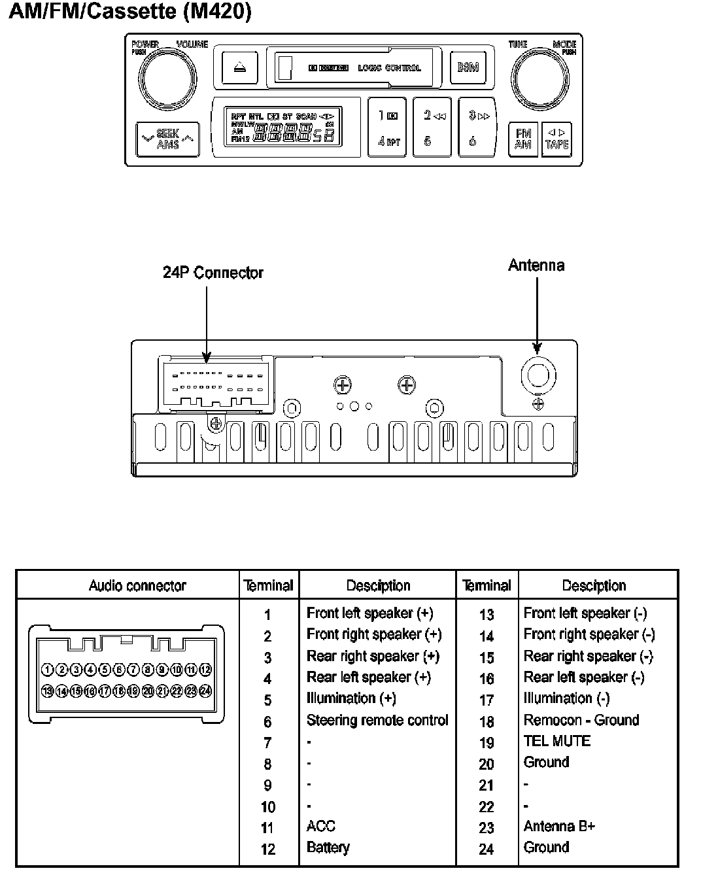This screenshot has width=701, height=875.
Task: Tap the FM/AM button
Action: pyautogui.click(x=522, y=138)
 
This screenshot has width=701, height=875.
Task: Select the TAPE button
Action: pyautogui.click(x=556, y=138)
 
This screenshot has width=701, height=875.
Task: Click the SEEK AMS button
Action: pyautogui.click(x=167, y=138)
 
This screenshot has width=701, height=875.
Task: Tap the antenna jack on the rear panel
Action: pyautogui.click(x=538, y=376)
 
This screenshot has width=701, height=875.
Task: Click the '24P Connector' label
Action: pyautogui.click(x=213, y=273)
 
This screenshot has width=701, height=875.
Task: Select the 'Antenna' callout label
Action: pyautogui.click(x=536, y=265)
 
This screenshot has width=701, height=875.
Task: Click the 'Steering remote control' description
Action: pyautogui.click(x=377, y=720)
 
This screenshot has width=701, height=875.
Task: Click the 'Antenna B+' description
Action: pyautogui.click(x=559, y=826)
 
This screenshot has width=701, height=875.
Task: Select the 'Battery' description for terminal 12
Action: pyautogui.click(x=328, y=848)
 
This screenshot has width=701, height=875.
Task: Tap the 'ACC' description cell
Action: pyautogui.click(x=320, y=826)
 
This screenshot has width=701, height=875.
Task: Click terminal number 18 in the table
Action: pyautogui.click(x=487, y=721)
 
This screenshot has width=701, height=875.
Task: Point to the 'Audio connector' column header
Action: pyautogui.click(x=137, y=585)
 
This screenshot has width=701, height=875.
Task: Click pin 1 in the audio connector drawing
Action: pyautogui.click(x=47, y=669)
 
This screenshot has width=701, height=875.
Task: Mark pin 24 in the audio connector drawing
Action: pyautogui.click(x=205, y=691)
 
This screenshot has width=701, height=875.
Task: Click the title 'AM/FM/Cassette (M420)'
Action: pyautogui.click(x=129, y=12)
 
